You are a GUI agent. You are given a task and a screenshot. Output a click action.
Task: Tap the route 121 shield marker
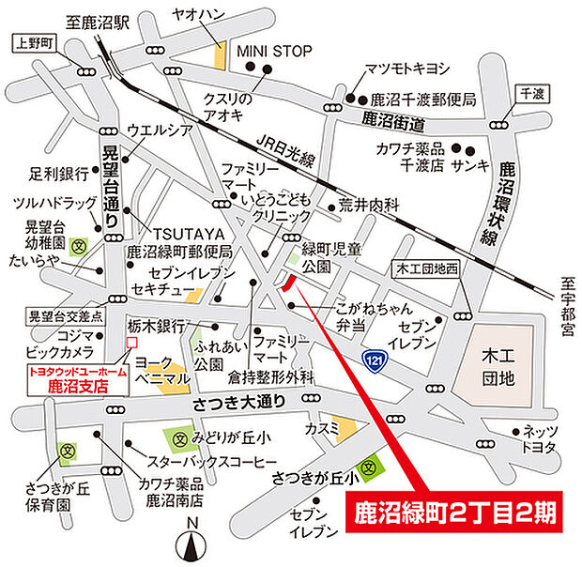pyautogui.click(x=374, y=360)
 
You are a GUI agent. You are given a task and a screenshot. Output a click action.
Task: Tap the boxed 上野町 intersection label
pyautogui.click(x=36, y=42)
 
